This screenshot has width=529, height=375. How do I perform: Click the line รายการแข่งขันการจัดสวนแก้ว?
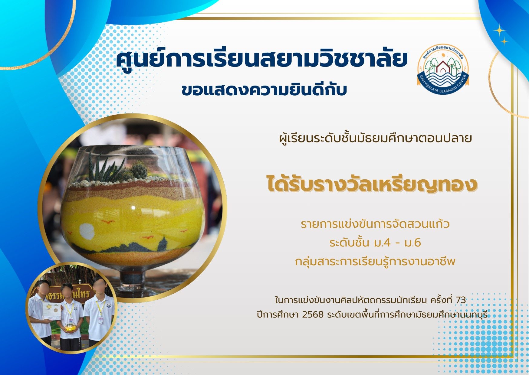pos(375,224)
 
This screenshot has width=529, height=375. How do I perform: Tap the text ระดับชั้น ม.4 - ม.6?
pos(375,243)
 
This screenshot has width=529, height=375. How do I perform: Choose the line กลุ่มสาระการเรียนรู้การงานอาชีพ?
pos(375,261)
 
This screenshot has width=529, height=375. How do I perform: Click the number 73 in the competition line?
pos(461,300)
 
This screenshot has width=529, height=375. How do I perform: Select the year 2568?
pos(313,315)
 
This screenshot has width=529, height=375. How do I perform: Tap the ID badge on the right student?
pos(100,320)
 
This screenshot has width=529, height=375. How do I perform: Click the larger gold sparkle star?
pos(499,31)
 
